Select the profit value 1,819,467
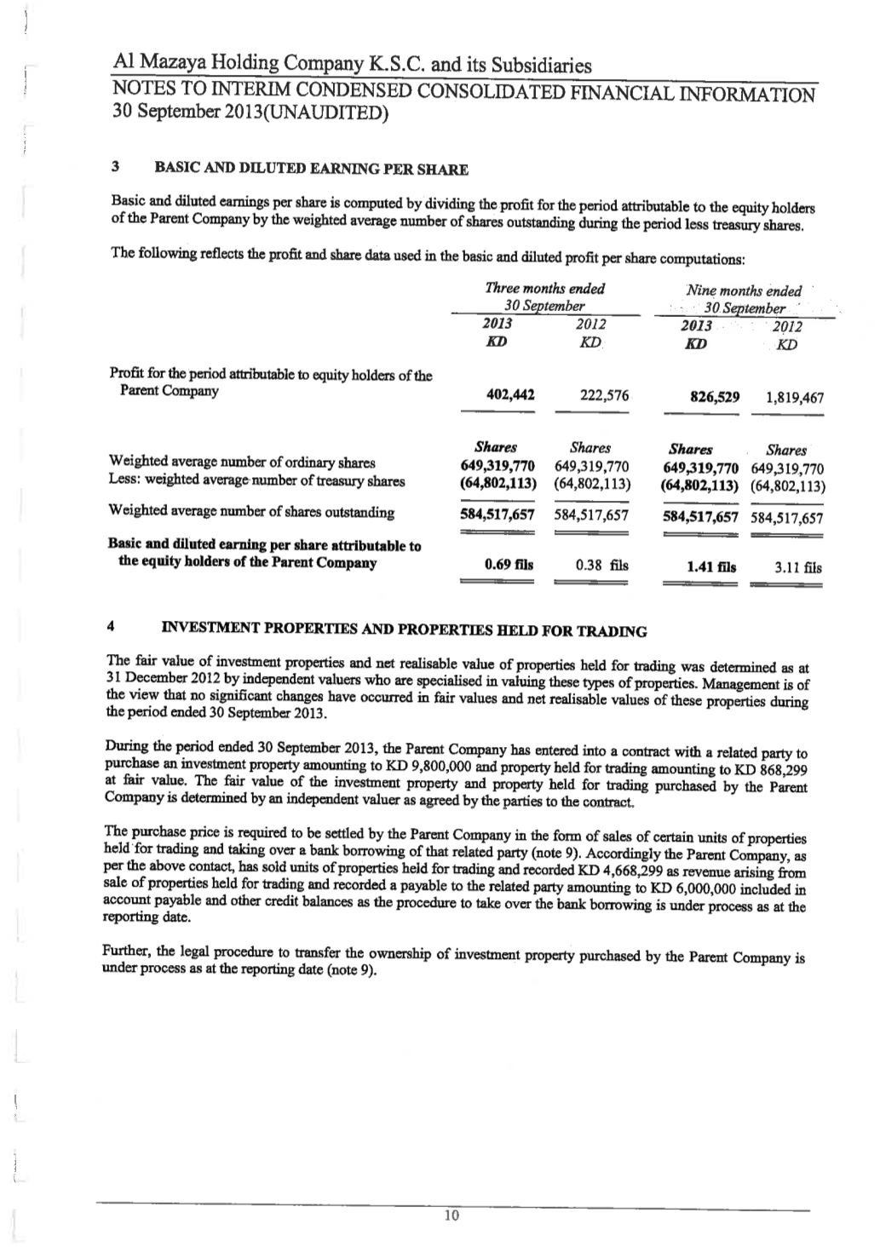pos(794,397)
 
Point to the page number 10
pos(452,1216)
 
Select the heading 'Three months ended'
pos(544,289)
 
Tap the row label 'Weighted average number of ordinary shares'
pos(242,463)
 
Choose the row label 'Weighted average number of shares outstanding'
pos(251,512)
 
